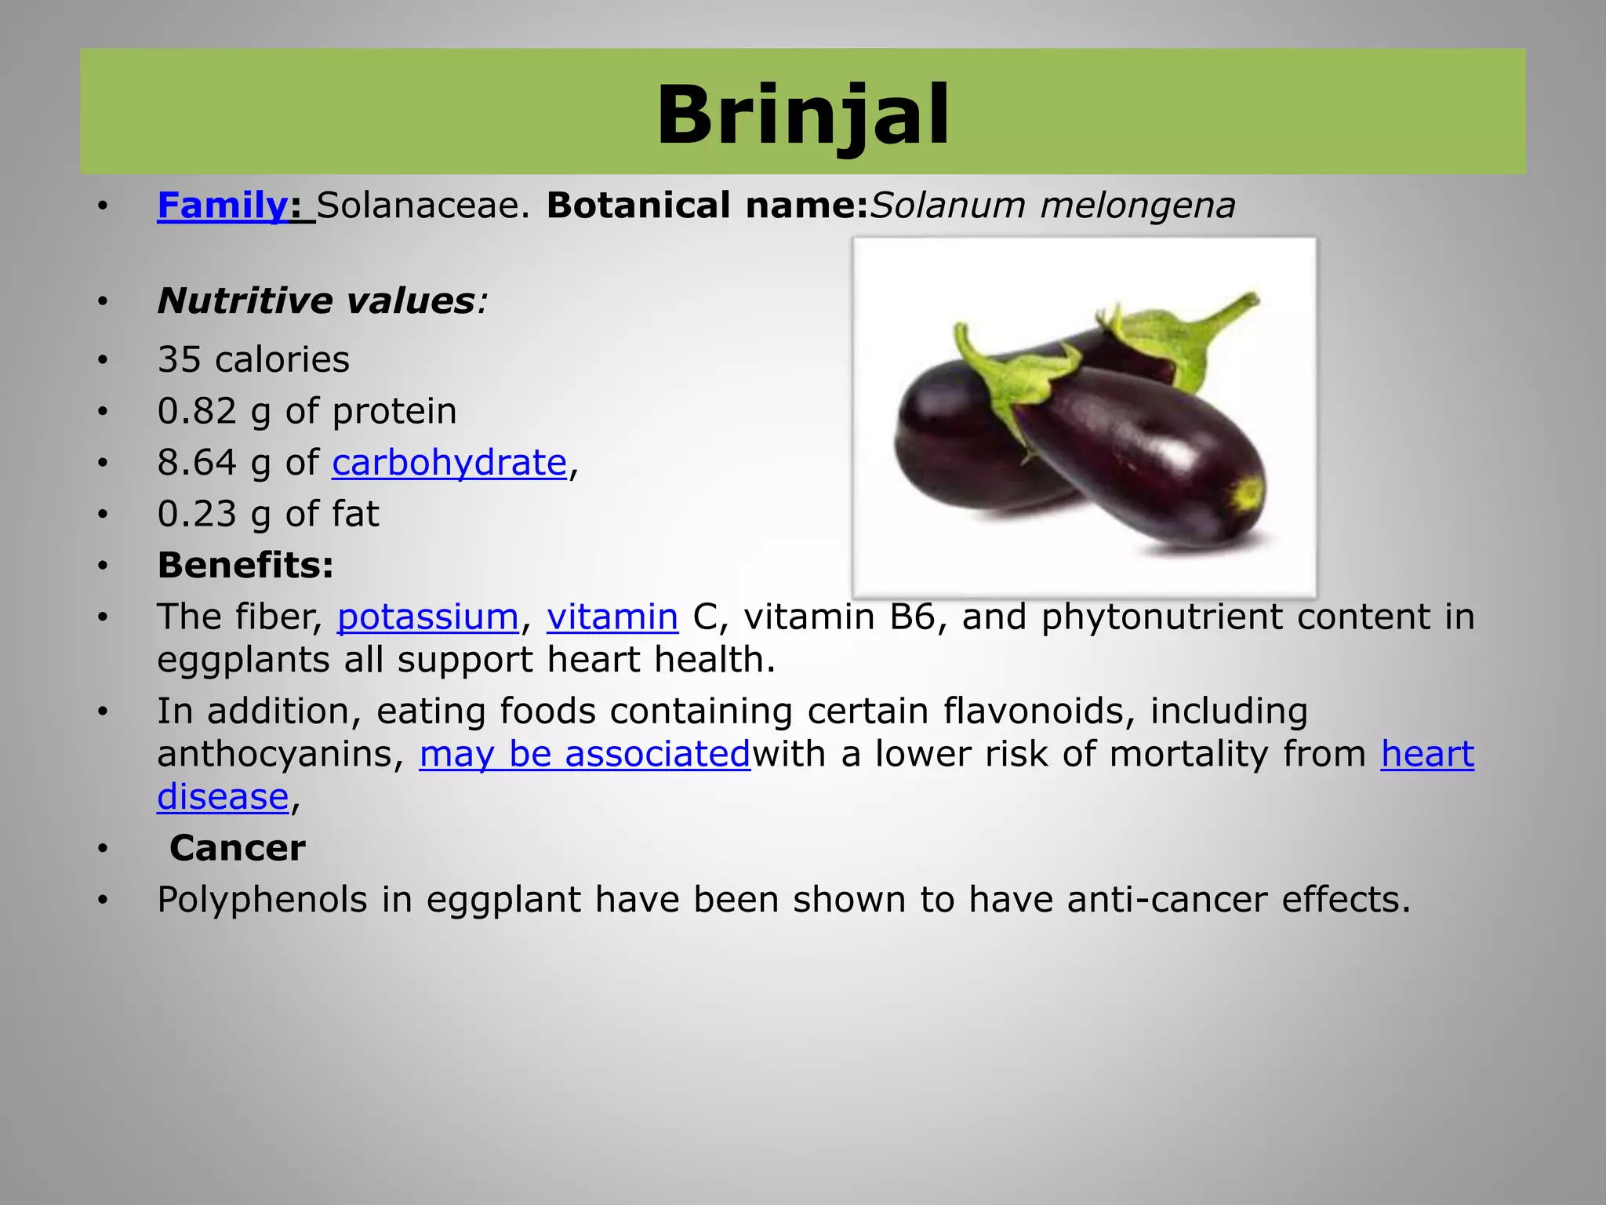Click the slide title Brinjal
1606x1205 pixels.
tap(803, 116)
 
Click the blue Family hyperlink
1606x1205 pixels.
tap(223, 206)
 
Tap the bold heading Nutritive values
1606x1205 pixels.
tap(315, 301)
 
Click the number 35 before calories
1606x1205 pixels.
tap(179, 360)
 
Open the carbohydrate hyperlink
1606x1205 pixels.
tap(449, 463)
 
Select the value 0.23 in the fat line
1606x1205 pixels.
tap(196, 515)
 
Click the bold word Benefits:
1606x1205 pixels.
tap(245, 566)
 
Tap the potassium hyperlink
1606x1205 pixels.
tap(427, 617)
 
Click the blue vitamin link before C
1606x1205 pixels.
tap(612, 617)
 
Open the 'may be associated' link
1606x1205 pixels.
tap(584, 754)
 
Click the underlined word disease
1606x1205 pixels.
tap(223, 797)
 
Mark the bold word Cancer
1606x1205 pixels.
tap(237, 848)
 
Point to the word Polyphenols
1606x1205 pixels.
tap(261, 900)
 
